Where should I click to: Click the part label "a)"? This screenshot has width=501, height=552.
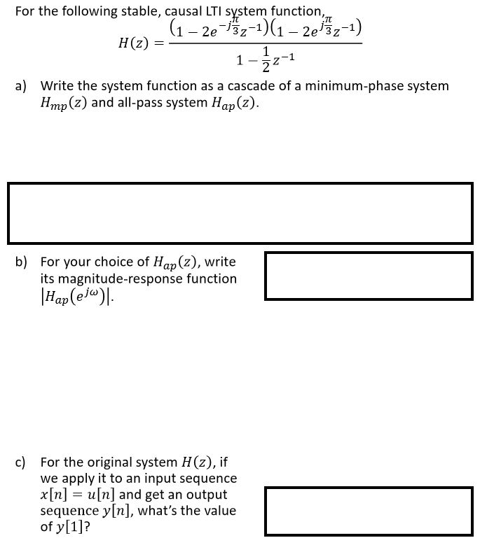pyautogui.click(x=22, y=87)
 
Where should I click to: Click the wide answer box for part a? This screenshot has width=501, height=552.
pyautogui.click(x=240, y=213)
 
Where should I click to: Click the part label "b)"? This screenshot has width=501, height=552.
pyautogui.click(x=22, y=262)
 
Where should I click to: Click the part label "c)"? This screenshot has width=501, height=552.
pyautogui.click(x=22, y=462)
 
